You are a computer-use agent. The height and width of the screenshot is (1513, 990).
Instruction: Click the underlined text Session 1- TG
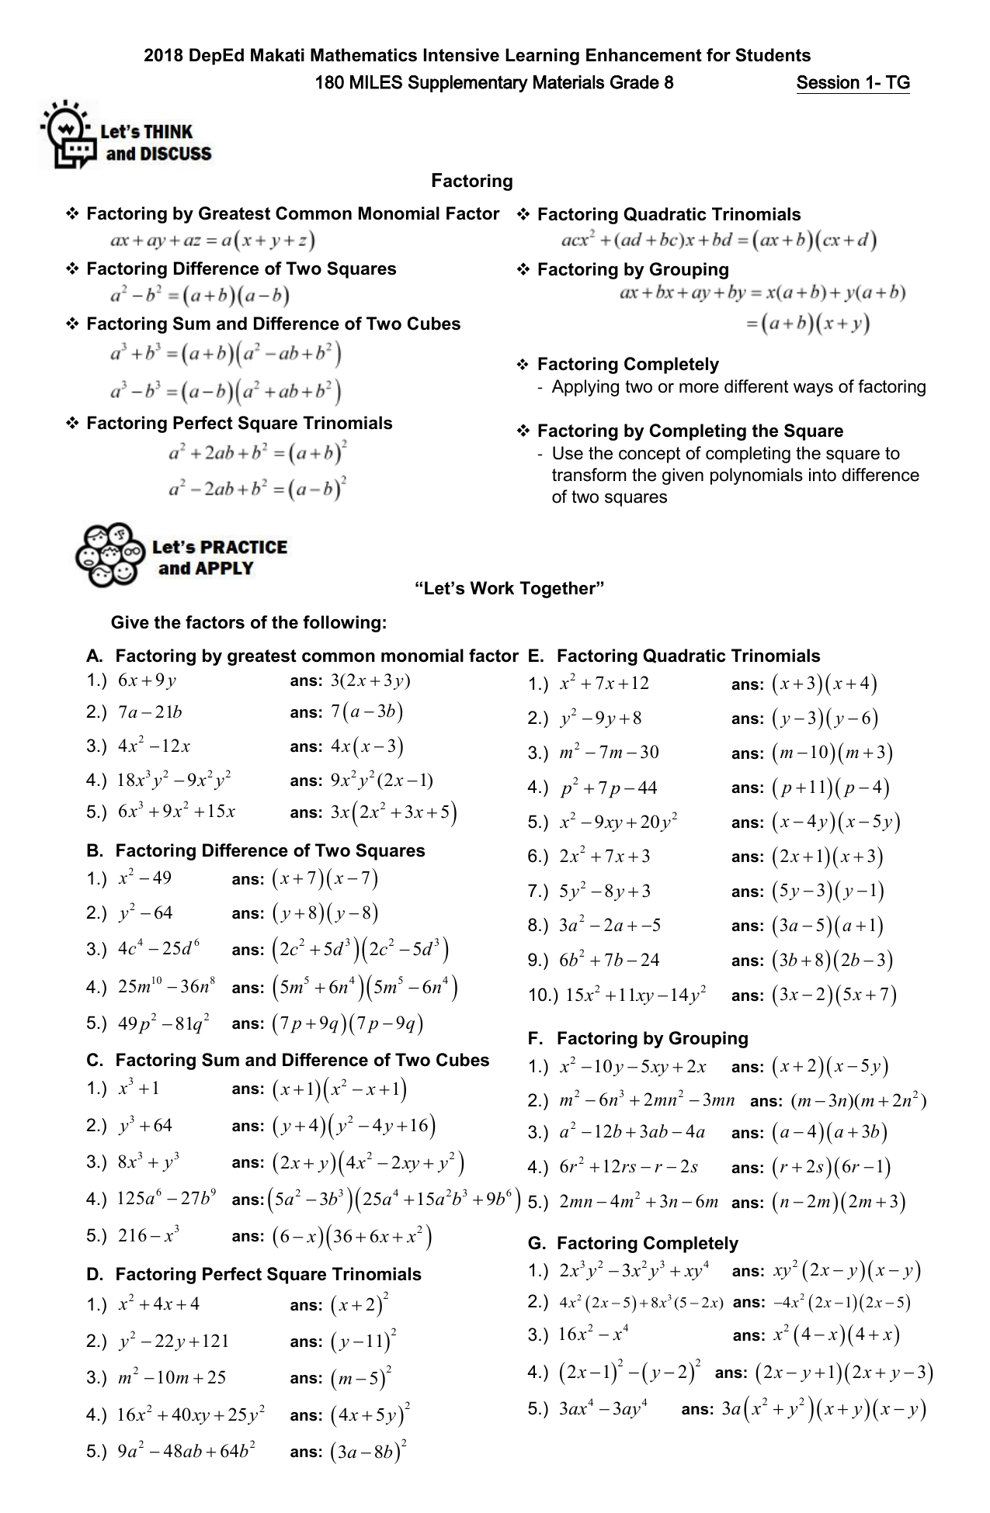[853, 83]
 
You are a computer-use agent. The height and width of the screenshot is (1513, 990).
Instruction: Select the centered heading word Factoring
[472, 181]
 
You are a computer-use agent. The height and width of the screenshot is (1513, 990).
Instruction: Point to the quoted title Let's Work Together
[509, 588]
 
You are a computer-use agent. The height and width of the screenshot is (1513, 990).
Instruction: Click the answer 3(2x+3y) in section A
[370, 681]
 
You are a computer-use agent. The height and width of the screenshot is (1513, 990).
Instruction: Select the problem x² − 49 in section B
[144, 878]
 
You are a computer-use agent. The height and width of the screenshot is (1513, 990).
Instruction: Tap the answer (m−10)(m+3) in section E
[832, 753]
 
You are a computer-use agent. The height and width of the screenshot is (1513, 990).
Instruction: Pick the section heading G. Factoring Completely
[633, 1243]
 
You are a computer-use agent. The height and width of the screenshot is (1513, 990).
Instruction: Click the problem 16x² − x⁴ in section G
[593, 1335]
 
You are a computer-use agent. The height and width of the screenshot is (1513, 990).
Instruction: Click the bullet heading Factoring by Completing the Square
[690, 431]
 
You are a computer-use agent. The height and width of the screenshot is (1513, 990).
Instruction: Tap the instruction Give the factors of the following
[248, 622]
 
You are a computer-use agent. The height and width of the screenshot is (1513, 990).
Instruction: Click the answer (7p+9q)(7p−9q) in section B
[347, 1024]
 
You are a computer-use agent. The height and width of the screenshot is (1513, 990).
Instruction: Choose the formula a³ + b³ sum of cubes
[225, 355]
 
